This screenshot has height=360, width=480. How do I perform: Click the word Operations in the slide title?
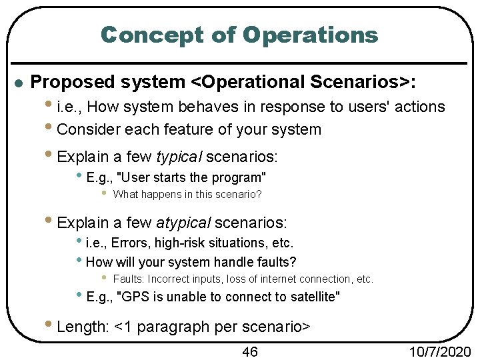tap(311, 35)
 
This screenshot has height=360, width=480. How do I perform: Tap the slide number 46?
tap(249, 351)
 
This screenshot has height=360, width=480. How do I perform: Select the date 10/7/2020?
tap(441, 351)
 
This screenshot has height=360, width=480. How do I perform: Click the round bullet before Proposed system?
tap(18, 83)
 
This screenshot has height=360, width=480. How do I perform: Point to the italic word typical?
tap(179, 157)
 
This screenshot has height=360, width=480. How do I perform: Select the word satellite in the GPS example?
tap(313, 297)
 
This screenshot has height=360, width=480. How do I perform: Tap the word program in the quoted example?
tap(239, 177)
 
